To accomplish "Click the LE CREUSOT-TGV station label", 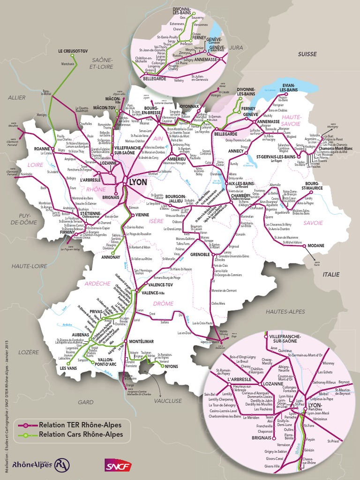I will pos(73,51).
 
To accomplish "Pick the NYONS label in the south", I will pos(172,367).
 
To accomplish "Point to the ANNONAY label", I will pos(111,257).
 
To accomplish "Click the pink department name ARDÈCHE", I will pos(97,283).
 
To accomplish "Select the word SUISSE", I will pos(307,54).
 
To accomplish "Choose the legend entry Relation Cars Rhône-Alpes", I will pos(81,434).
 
